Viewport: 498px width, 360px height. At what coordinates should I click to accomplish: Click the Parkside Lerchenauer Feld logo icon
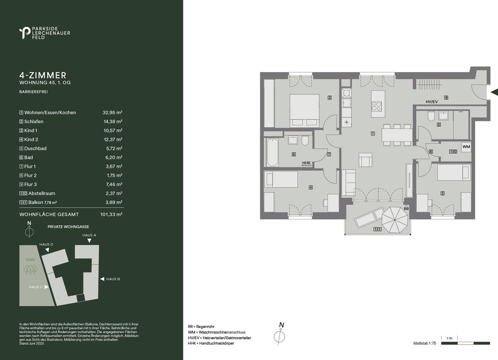(x=25, y=33)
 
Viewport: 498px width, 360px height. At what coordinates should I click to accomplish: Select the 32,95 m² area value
(x=112, y=113)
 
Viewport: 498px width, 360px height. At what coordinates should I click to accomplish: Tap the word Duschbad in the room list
(x=35, y=148)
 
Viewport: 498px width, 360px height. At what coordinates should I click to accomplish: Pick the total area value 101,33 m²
(x=111, y=214)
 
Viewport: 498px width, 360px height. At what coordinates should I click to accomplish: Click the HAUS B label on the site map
(x=113, y=279)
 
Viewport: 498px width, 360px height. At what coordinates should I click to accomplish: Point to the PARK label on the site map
(x=30, y=260)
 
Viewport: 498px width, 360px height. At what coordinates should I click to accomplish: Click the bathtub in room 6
(x=272, y=152)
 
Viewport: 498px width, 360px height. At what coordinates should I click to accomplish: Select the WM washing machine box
(x=466, y=147)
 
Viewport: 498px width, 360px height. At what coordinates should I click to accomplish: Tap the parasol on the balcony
(x=395, y=220)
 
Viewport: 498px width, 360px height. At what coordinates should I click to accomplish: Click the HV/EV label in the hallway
(x=432, y=102)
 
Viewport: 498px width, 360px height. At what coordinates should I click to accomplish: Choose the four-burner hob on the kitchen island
(x=377, y=106)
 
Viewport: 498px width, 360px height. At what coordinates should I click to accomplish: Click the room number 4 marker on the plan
(x=311, y=187)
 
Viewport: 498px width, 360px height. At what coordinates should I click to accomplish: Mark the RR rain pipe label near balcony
(x=406, y=209)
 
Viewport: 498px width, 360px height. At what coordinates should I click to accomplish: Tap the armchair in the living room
(x=365, y=160)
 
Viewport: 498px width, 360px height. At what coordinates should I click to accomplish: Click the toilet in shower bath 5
(x=431, y=116)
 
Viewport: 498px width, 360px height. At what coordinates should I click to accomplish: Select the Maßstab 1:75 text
(x=425, y=343)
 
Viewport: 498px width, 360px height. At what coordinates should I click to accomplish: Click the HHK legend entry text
(x=211, y=343)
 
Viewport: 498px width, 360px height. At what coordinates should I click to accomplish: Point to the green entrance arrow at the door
(x=494, y=92)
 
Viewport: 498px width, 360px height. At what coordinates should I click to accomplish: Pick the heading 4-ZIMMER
(x=43, y=75)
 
